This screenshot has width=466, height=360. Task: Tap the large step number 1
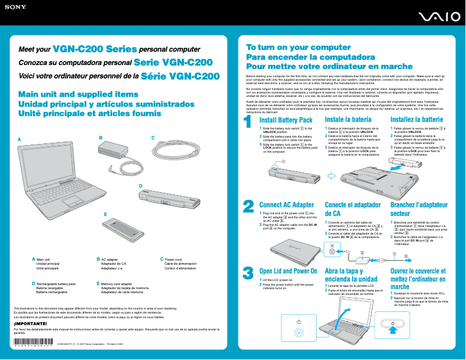click(x=248, y=123)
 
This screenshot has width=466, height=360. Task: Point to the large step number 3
click(x=248, y=272)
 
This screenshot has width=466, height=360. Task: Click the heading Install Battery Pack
click(x=286, y=120)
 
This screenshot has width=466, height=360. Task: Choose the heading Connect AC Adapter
click(x=286, y=205)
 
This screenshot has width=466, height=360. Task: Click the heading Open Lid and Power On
click(x=288, y=271)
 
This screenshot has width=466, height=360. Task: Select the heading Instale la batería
click(x=349, y=120)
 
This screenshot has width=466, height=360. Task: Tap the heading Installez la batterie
click(x=417, y=120)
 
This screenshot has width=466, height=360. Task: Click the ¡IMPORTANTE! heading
click(x=30, y=323)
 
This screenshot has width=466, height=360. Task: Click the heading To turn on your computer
click(x=290, y=48)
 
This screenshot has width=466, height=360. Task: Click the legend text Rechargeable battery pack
click(x=56, y=284)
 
